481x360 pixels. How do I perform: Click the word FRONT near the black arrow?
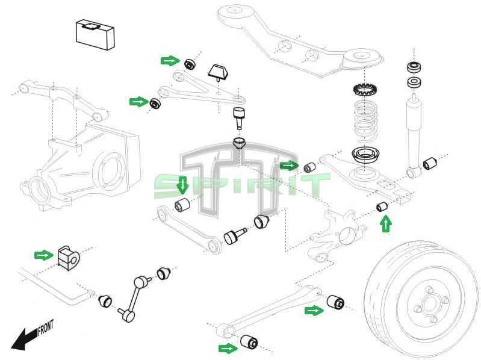[46, 328]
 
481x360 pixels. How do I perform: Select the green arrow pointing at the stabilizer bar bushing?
[44, 255]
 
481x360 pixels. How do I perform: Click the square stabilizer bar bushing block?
[68, 257]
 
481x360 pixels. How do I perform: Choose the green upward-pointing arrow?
[385, 225]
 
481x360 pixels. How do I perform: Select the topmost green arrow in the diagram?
[170, 60]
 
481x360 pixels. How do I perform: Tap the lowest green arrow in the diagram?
[228, 348]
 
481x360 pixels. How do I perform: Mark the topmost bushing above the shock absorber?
[414, 66]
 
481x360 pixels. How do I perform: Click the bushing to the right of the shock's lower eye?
[430, 163]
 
